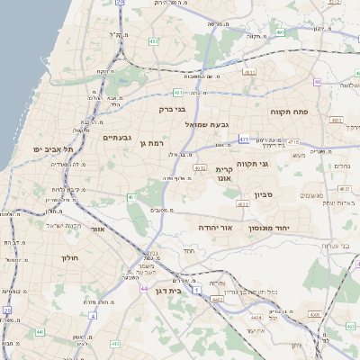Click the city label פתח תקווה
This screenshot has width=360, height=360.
point(289,112)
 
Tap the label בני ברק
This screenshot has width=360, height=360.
point(171,109)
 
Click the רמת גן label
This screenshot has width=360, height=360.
point(157,143)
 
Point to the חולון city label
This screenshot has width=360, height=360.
point(69,257)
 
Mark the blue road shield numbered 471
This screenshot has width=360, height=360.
point(244,139)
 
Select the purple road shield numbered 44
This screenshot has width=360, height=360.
point(145,288)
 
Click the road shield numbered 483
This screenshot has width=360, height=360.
point(337,119)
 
